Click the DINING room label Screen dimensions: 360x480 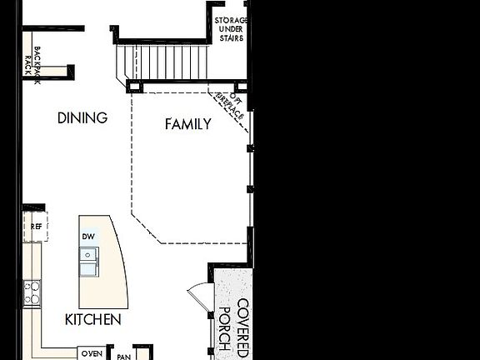(82, 117)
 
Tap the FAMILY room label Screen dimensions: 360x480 (187, 124)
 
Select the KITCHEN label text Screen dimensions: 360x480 (93, 319)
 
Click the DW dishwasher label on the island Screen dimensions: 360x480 (88, 237)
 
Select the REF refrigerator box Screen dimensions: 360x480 (36, 226)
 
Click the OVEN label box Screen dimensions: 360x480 (92, 353)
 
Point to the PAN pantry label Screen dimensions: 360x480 (123, 357)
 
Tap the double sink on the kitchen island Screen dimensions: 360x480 (88, 264)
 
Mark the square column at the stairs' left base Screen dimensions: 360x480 (133, 86)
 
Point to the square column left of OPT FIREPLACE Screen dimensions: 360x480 (241, 86)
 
